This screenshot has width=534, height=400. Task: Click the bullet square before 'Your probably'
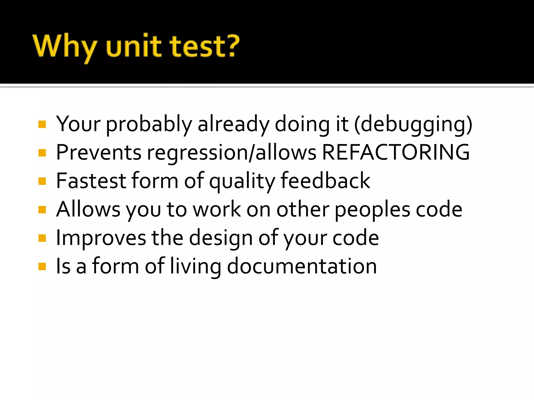(42, 124)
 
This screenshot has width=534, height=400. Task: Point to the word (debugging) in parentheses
(413, 124)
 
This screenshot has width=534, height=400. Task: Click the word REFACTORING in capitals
(396, 152)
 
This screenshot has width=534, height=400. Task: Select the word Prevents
(99, 152)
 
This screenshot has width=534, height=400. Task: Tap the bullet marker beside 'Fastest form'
(42, 181)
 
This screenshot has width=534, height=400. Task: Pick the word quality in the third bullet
(242, 181)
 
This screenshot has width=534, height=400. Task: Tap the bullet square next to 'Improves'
(42, 238)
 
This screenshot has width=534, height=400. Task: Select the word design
(221, 238)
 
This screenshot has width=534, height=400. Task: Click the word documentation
(302, 266)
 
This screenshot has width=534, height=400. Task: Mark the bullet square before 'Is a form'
(42, 266)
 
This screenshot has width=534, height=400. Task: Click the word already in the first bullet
(233, 124)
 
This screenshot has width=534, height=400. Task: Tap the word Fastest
(91, 181)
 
